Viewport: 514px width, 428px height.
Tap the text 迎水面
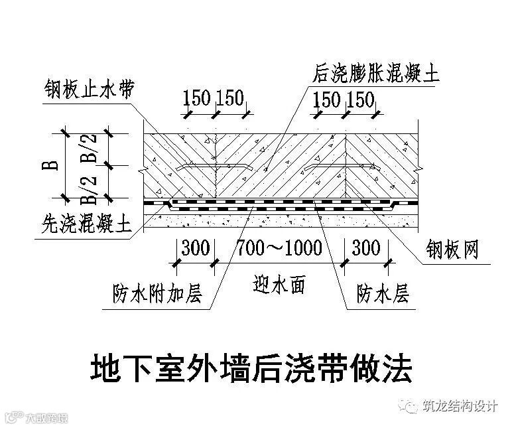coord(279,286)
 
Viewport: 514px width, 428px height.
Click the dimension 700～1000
coord(279,249)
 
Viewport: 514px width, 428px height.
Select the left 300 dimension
coord(195,249)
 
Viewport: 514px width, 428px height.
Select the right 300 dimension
coord(366,249)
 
